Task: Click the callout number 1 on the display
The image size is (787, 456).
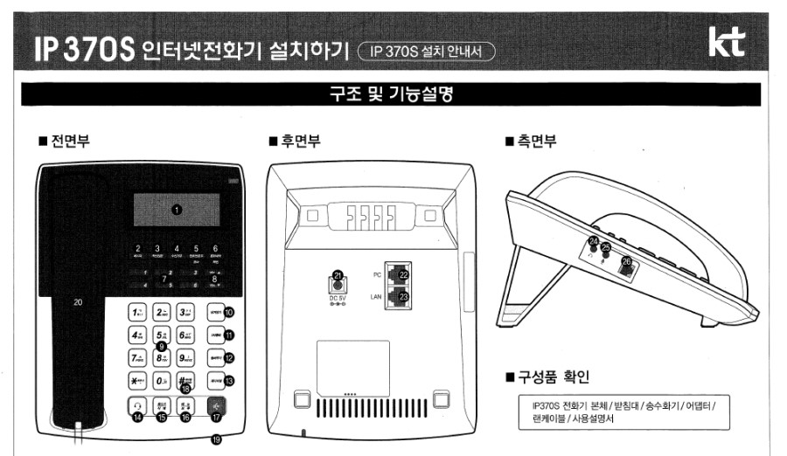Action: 176,210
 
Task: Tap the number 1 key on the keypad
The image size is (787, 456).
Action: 136,311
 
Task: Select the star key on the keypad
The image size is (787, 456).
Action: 136,381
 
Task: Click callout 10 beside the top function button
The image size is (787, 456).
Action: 229,311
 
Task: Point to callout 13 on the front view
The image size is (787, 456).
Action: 229,381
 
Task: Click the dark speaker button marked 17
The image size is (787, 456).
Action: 213,406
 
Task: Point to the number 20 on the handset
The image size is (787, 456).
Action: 78,302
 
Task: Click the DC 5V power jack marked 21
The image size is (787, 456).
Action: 338,279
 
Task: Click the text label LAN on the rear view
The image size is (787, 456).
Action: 379,298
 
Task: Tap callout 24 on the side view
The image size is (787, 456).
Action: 593,241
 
